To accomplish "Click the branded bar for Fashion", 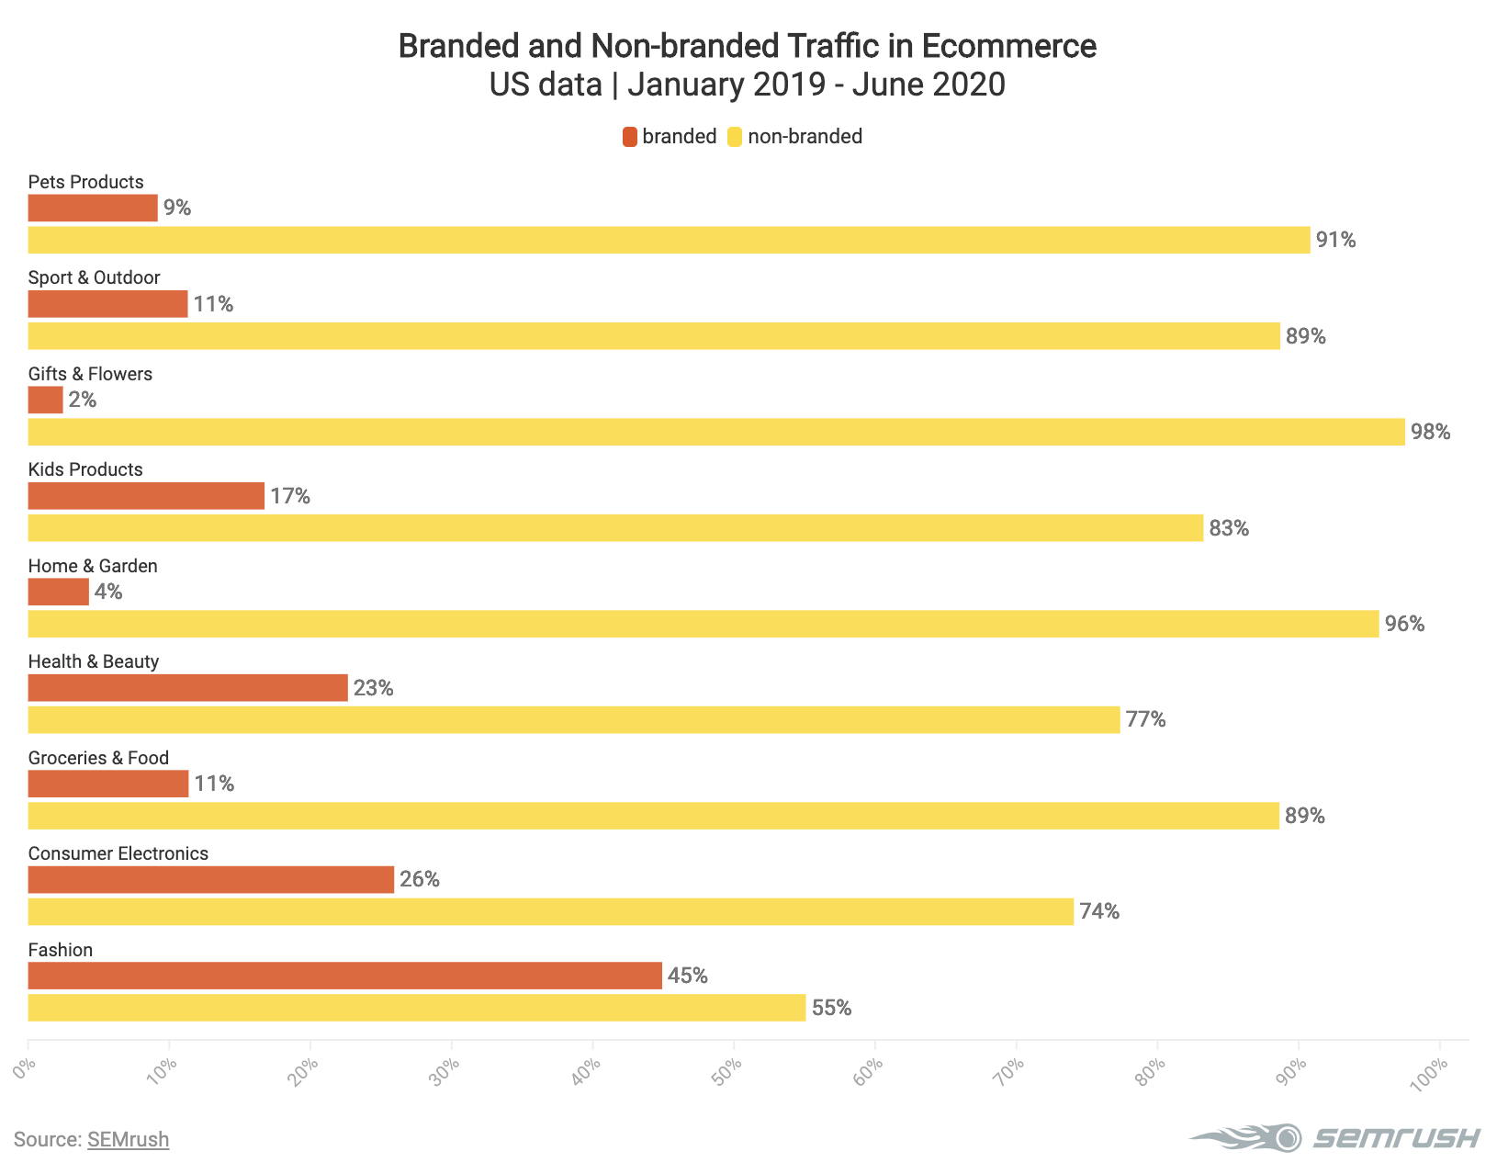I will tap(344, 976).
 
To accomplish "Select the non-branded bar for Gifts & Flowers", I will tap(716, 432).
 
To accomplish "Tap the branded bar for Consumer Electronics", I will tap(211, 880).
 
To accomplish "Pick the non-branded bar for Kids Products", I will tap(615, 528).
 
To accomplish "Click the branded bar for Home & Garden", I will tap(59, 592).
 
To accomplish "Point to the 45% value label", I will tap(688, 976).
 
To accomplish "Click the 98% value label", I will tap(1431, 432).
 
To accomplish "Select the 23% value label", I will tap(374, 688).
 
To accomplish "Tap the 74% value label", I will tap(1099, 912).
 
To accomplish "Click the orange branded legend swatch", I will tap(629, 137).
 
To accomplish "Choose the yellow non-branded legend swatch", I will tap(735, 137).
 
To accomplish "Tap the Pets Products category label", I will tap(86, 182).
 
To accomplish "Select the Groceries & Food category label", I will tap(99, 758).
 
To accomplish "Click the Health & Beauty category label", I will tap(94, 661).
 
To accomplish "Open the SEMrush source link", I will tap(128, 1140).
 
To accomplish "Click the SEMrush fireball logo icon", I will tap(1249, 1138).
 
